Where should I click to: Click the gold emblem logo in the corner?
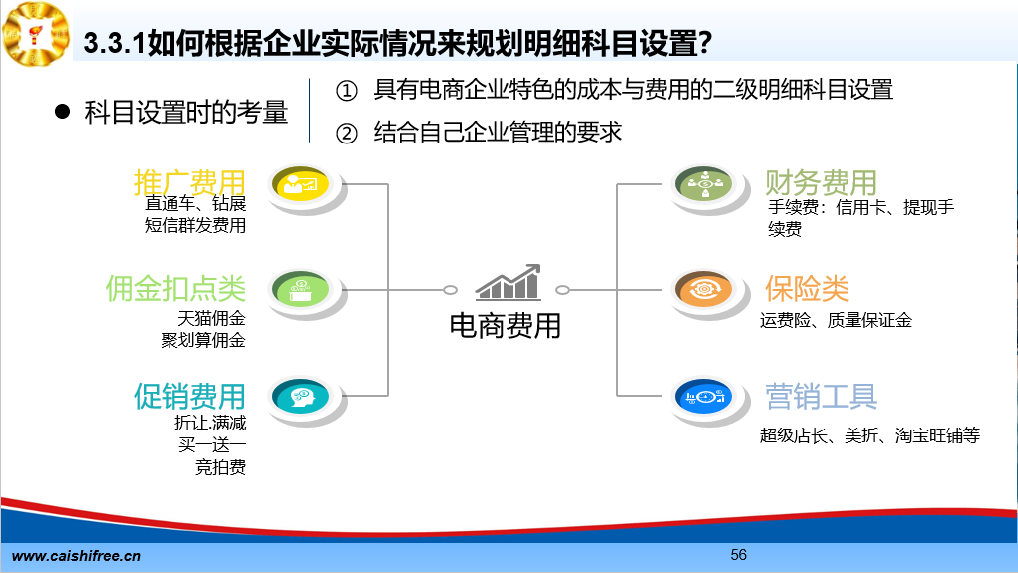pos(36,33)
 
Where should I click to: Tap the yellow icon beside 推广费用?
pos(300,184)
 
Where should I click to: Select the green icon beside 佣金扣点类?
pos(300,289)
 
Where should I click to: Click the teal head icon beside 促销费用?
pos(300,396)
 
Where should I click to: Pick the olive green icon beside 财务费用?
pos(704,184)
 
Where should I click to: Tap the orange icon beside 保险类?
pos(704,289)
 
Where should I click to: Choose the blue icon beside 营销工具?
pos(704,396)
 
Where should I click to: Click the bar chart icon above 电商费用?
pos(509,282)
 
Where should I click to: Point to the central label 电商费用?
pos(506,326)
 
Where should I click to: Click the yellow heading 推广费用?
pos(189,182)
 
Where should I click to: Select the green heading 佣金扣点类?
pos(175,289)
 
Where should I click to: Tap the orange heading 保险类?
pos(807,289)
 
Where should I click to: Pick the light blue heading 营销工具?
pos(822,396)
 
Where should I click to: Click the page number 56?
pos(738,555)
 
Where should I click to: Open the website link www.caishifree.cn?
pos(76,556)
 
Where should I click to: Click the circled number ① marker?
pos(347,91)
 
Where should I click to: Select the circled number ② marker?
pos(347,134)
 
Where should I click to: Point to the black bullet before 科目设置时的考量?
pos(63,112)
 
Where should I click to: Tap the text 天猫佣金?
pos(211,318)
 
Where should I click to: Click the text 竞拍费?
pos(220,467)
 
